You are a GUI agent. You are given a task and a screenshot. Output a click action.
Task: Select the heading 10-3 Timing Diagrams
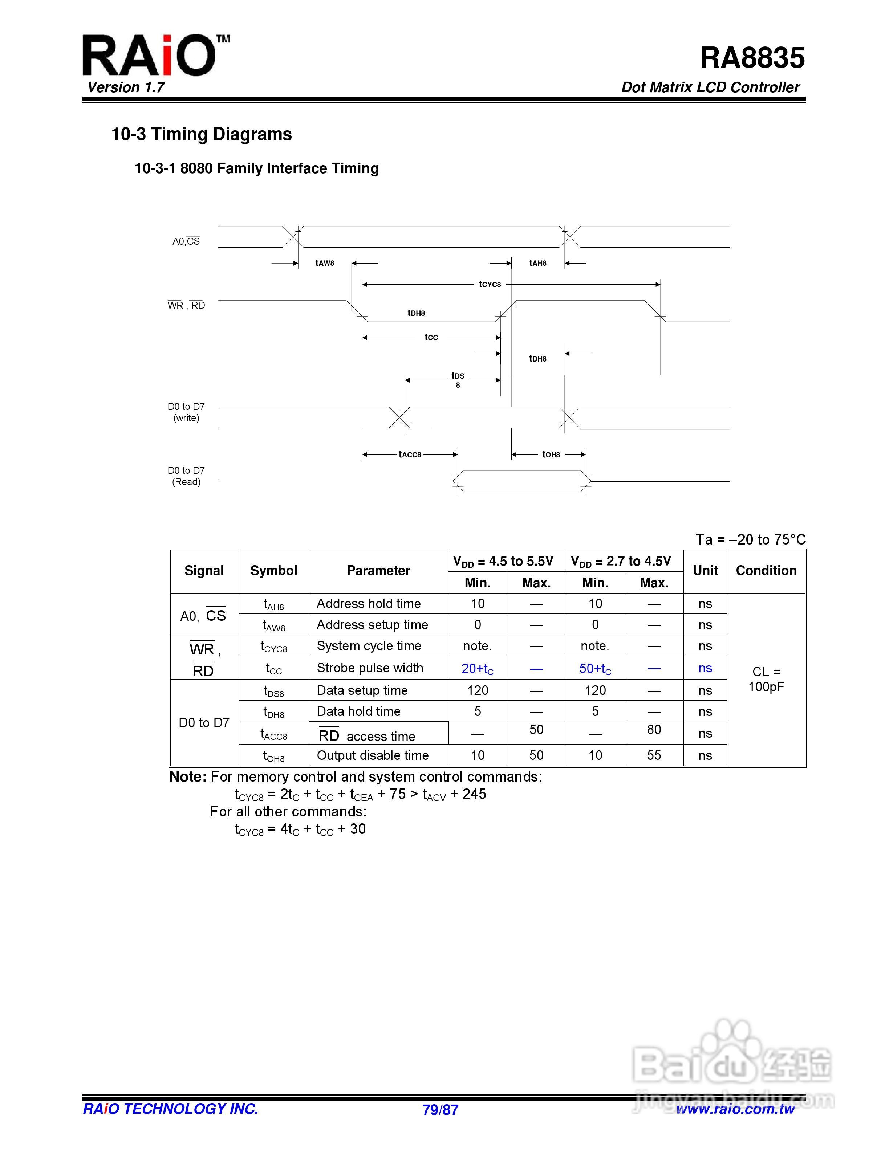pyautogui.click(x=201, y=134)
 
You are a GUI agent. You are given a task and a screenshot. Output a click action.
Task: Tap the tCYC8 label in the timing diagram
pyautogui.click(x=490, y=284)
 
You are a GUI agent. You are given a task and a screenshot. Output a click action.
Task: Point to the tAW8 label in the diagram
pyautogui.click(x=324, y=263)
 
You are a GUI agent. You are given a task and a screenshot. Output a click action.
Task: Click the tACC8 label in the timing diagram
pyautogui.click(x=410, y=454)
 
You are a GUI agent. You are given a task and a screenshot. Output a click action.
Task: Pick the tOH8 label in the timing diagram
pyautogui.click(x=551, y=454)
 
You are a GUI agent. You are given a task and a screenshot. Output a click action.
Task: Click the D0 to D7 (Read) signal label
pyautogui.click(x=186, y=476)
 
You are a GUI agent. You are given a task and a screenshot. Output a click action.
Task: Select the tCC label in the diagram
pyautogui.click(x=431, y=338)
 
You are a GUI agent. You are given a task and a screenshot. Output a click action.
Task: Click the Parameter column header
pyautogui.click(x=378, y=571)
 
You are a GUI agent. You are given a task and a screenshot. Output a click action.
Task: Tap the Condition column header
pyautogui.click(x=766, y=571)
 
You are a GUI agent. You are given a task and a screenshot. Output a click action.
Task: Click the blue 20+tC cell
pyautogui.click(x=477, y=669)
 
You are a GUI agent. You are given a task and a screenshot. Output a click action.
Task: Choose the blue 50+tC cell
pyautogui.click(x=595, y=669)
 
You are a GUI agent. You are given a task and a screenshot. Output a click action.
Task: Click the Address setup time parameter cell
pyautogui.click(x=372, y=625)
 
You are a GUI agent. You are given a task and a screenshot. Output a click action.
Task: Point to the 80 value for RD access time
pyautogui.click(x=654, y=730)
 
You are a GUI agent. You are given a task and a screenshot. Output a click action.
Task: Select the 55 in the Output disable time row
pyautogui.click(x=654, y=756)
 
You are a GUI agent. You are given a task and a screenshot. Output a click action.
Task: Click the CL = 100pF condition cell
pyautogui.click(x=766, y=679)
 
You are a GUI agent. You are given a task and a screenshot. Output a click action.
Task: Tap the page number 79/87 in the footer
pyautogui.click(x=440, y=1110)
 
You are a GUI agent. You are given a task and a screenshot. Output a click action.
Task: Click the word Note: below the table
pyautogui.click(x=187, y=777)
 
